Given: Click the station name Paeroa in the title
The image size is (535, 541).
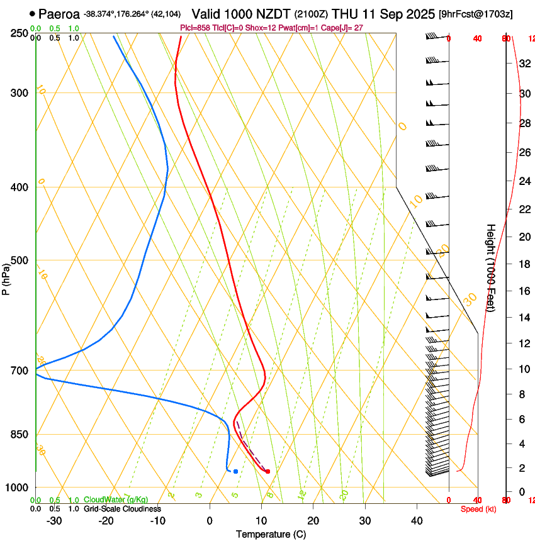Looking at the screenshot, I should point(59,13).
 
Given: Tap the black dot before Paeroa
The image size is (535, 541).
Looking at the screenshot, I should point(32,13).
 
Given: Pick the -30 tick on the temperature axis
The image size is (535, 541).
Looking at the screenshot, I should point(54,521).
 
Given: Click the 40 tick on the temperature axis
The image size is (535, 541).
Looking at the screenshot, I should point(417,521).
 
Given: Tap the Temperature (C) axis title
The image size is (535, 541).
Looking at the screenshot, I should point(272,534).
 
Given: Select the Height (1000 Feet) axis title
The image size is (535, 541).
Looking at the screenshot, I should point(491,267).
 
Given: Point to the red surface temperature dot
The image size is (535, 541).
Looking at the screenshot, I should point(267,471).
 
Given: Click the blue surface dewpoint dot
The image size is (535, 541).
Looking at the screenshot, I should point(235,471).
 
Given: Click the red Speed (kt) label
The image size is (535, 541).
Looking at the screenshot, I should point(478,509).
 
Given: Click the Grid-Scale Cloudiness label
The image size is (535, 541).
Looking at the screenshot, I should point(122,509).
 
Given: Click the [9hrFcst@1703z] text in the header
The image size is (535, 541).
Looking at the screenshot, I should point(475,14).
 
